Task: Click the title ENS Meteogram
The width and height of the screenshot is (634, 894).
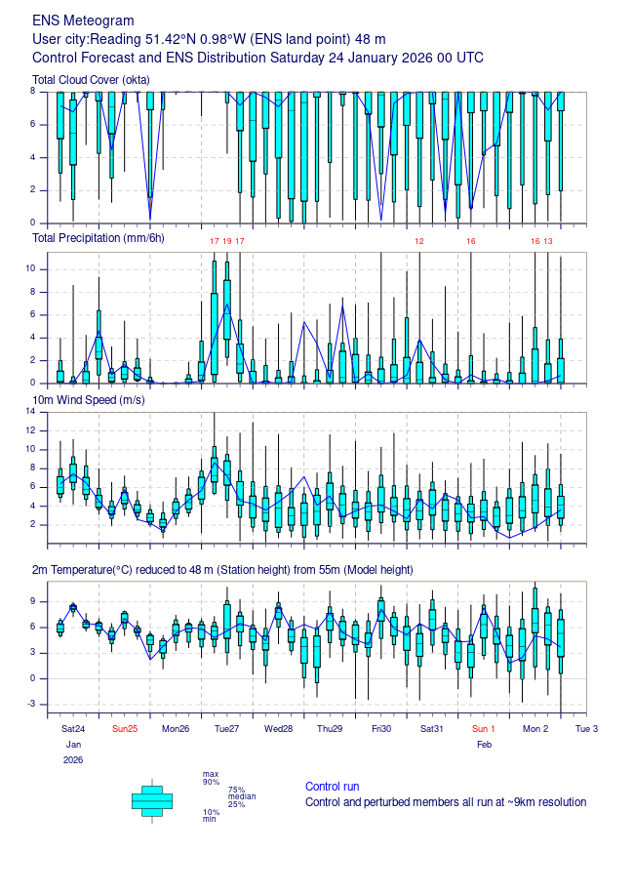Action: click(84, 20)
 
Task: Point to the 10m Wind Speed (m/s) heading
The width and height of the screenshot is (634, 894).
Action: click(90, 401)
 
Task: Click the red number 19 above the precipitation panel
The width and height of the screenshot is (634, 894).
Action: click(227, 240)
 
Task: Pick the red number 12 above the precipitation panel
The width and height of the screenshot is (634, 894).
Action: click(419, 240)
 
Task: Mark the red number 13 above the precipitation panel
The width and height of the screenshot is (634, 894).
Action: click(548, 240)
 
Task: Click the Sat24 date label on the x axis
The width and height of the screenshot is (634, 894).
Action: click(73, 729)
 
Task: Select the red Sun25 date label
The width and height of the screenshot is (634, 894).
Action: click(125, 729)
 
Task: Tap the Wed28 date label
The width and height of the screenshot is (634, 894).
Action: click(278, 729)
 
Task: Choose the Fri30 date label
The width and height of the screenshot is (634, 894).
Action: click(380, 729)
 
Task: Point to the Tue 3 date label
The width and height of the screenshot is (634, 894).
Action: click(586, 729)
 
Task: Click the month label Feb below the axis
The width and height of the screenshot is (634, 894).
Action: click(485, 745)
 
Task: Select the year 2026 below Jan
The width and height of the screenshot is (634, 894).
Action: click(73, 759)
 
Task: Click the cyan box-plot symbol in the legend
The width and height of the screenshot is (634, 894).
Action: click(152, 800)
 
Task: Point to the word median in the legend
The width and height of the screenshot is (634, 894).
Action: click(241, 796)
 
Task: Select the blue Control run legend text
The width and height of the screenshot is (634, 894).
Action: click(332, 787)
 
